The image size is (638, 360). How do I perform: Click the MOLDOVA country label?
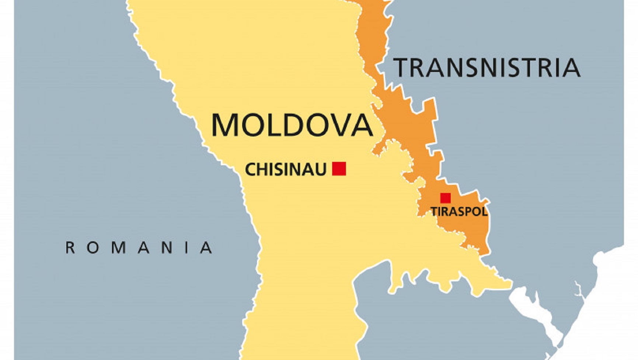click(x=292, y=125)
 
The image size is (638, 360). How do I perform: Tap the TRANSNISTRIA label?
click(x=487, y=67)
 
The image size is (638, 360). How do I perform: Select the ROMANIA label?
click(x=139, y=247)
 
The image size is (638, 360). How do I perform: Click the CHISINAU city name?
click(x=286, y=170)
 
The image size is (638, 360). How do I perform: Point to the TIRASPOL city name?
click(x=459, y=212)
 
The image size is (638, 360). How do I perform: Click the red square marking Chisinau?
click(x=339, y=169)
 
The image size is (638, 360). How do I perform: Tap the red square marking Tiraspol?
click(x=445, y=198)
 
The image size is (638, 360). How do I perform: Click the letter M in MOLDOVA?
click(x=225, y=125)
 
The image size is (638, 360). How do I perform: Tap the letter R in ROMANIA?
click(x=70, y=247)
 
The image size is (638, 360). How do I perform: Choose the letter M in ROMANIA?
click(x=118, y=247)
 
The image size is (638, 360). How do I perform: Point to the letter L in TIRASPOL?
click(x=484, y=212)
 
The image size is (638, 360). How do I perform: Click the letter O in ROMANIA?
click(x=93, y=247)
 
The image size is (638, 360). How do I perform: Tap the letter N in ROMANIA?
click(x=167, y=247)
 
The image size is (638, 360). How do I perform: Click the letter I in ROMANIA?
click(x=187, y=247)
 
